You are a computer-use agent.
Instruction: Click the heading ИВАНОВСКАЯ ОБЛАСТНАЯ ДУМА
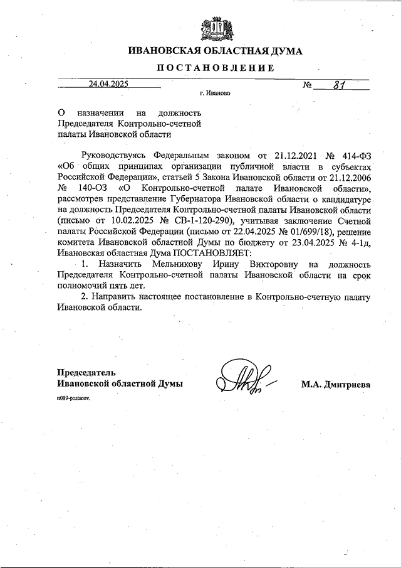point(215,51)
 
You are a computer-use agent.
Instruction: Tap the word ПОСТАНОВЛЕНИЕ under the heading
point(215,68)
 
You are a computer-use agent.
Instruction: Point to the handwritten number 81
point(338,83)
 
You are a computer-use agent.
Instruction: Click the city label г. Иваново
point(215,93)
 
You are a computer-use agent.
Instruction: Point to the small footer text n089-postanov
point(73,399)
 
